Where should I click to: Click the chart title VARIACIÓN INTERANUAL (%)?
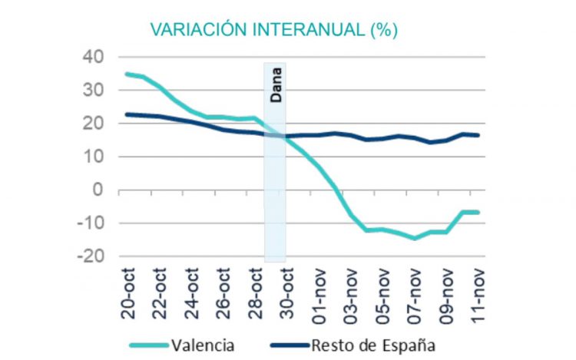[x=273, y=29]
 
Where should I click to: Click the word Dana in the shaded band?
[x=276, y=85]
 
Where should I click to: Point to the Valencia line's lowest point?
[x=415, y=238]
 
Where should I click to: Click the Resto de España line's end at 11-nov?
[x=478, y=135]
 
